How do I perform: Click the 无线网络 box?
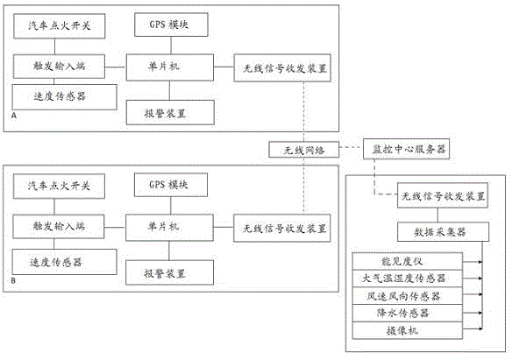click(303, 150)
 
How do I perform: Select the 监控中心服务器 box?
click(407, 149)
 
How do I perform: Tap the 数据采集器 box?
click(443, 232)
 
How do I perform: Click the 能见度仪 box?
click(408, 261)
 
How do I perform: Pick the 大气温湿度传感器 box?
click(408, 279)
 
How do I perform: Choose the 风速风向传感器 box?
click(408, 296)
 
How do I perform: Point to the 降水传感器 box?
click(408, 314)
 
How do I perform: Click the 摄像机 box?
click(408, 330)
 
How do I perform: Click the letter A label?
click(14, 116)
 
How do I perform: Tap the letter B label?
click(13, 280)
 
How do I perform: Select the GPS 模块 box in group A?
click(171, 25)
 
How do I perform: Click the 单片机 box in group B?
click(170, 228)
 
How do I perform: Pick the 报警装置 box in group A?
click(170, 112)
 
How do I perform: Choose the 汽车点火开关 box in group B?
click(59, 187)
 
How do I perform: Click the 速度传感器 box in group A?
click(64, 97)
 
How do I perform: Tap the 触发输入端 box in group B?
click(59, 226)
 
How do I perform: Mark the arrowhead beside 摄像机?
click(480, 328)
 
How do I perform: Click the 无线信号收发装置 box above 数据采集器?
click(443, 195)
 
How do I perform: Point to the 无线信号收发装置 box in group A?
click(282, 67)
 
